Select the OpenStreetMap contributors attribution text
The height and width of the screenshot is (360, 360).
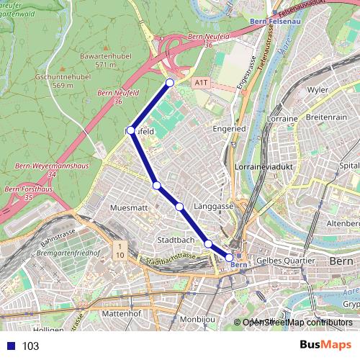click(x=297, y=323)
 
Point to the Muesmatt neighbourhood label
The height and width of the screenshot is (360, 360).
click(x=130, y=207)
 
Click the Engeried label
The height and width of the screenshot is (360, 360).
click(x=229, y=129)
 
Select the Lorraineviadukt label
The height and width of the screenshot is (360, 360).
click(x=261, y=166)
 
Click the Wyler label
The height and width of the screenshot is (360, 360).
click(x=318, y=90)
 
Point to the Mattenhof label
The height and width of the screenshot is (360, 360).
click(x=120, y=315)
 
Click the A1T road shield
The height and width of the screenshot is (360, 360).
click(x=201, y=84)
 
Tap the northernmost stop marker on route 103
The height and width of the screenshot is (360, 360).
click(x=170, y=83)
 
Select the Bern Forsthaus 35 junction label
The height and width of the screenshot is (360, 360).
click(x=22, y=193)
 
